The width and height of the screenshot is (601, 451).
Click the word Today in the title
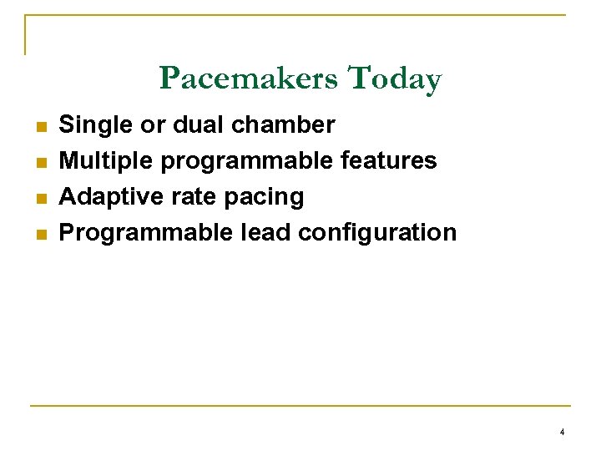coord(394,79)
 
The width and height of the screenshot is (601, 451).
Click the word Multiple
coord(106,160)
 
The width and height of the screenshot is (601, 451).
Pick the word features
coord(389,160)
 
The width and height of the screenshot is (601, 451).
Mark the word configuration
coord(377,233)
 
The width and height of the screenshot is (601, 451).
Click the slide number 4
coord(562,432)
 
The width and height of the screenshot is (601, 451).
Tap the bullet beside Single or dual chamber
coord(39,127)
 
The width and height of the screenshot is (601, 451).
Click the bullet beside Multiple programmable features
coord(39,162)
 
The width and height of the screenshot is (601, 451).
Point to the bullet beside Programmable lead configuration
coord(39,234)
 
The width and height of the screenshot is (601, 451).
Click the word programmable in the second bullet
coord(247,161)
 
